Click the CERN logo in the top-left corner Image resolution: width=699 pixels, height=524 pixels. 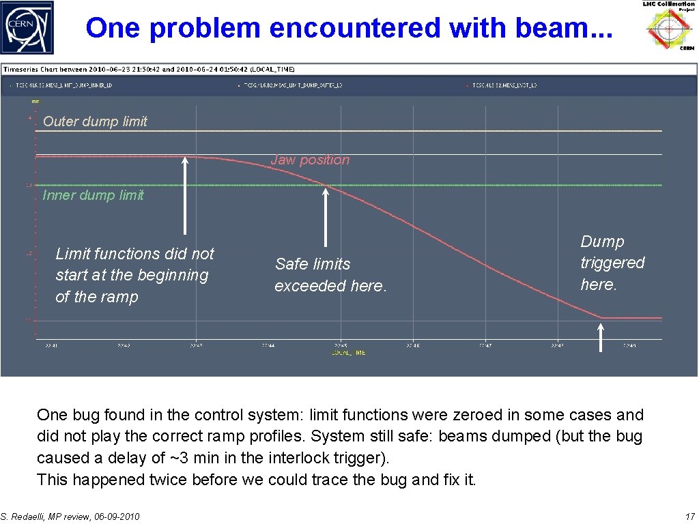click(x=27, y=27)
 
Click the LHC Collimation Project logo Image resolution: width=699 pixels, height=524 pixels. click(x=670, y=26)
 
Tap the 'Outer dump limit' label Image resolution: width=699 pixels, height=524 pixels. click(x=95, y=121)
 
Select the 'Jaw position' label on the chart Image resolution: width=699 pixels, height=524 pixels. click(x=310, y=160)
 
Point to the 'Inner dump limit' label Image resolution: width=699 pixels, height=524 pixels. click(x=93, y=195)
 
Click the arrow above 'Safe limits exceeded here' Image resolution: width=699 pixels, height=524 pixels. click(x=325, y=217)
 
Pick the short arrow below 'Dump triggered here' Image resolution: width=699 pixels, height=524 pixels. click(x=601, y=337)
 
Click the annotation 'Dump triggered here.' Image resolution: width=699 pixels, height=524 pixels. click(x=612, y=263)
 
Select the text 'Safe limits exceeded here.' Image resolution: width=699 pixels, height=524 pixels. click(x=330, y=275)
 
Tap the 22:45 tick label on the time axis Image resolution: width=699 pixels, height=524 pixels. click(x=340, y=346)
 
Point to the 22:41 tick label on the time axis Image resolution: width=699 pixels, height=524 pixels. click(x=51, y=346)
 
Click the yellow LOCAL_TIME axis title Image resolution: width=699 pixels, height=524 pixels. click(x=348, y=353)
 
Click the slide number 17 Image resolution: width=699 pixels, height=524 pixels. click(x=689, y=516)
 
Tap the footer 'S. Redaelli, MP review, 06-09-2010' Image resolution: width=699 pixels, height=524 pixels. click(x=70, y=516)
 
